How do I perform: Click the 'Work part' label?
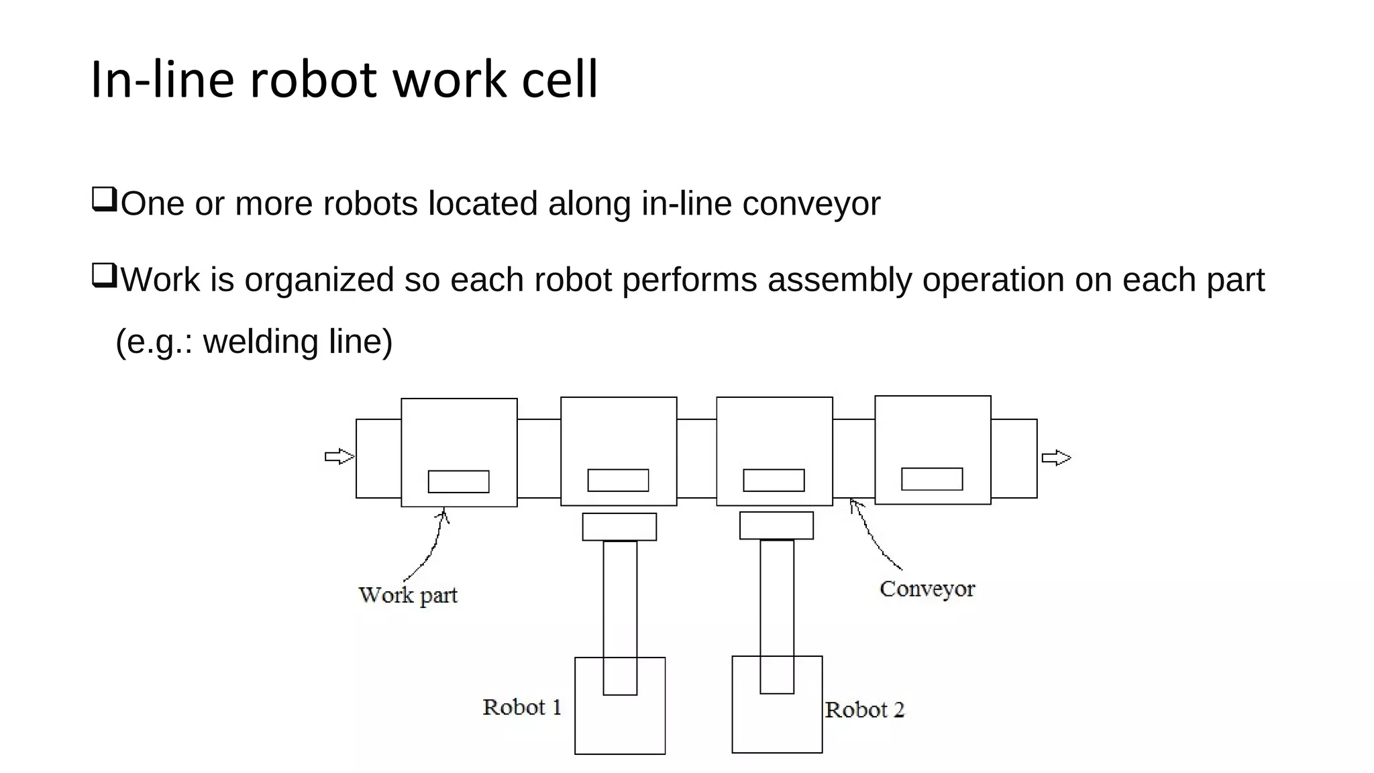coord(408,595)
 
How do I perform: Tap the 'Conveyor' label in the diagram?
coord(927,589)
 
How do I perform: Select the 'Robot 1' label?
coord(522,707)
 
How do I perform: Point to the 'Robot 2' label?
coord(864,710)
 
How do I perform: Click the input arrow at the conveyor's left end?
coord(339,457)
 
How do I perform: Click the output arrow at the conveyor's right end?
coord(1056,458)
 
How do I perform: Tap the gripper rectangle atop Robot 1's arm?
coord(619,527)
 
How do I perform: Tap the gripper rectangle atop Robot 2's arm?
coord(776,525)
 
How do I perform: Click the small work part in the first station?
coord(458,482)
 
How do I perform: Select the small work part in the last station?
coord(932,479)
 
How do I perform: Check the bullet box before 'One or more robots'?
coord(104,200)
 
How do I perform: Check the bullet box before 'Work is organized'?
coord(104,276)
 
